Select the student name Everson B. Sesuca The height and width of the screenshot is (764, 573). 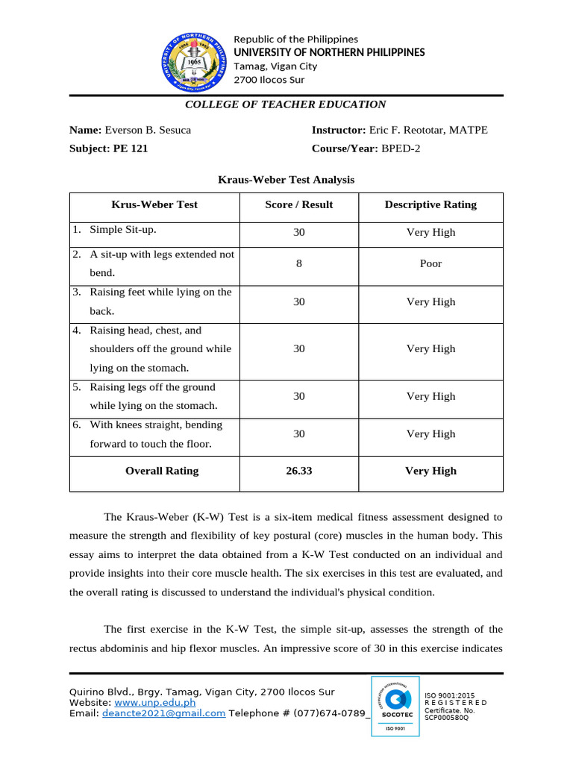148,130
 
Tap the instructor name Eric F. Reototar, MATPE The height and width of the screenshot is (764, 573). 428,130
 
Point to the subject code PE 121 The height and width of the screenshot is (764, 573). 131,148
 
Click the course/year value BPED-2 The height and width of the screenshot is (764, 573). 401,148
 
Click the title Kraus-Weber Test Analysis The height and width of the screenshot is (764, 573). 286,180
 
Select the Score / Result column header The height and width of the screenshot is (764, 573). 299,204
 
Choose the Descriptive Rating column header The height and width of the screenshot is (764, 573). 430,204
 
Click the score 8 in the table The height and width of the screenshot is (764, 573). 299,263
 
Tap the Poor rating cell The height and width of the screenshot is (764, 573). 430,263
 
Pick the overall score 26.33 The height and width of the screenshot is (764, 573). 299,471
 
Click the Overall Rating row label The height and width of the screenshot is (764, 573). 162,471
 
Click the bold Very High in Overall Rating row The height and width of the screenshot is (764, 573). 430,471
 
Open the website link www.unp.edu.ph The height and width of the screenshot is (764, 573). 154,702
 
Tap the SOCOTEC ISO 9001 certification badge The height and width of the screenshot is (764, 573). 395,706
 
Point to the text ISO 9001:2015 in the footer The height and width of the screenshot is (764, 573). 450,695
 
